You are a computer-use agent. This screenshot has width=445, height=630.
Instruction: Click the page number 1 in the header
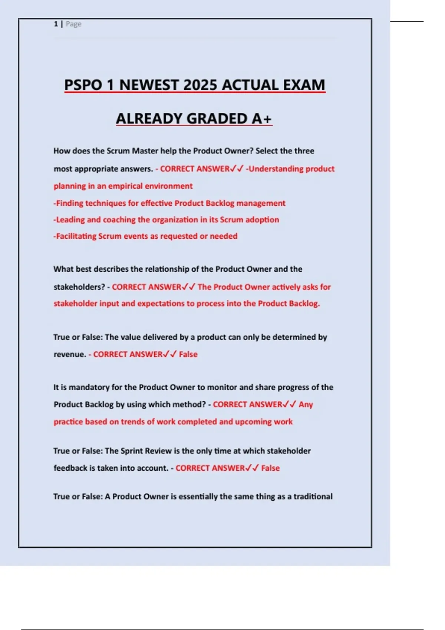[56, 24]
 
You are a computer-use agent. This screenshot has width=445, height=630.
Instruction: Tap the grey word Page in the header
[73, 24]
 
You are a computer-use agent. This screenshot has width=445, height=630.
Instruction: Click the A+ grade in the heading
[262, 119]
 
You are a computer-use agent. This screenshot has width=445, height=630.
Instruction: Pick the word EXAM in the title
[304, 85]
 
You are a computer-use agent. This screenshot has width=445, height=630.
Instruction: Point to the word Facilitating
[76, 236]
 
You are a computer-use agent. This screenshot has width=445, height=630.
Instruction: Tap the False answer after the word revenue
[188, 354]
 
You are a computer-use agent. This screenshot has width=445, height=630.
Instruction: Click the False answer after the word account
[270, 468]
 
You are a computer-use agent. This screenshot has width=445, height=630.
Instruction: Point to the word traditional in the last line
[313, 497]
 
